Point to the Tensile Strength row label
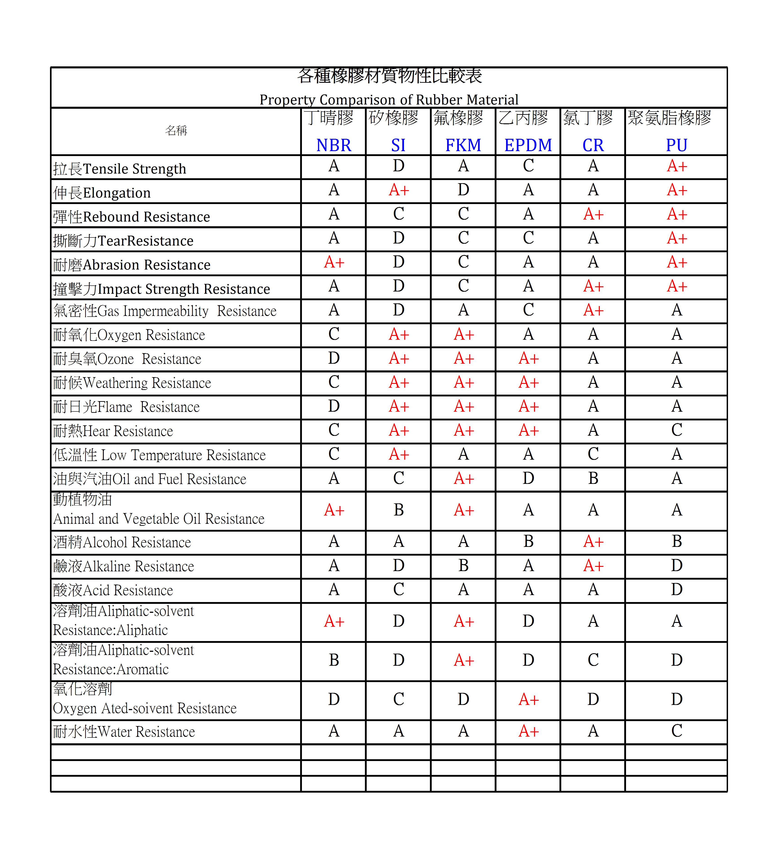coord(120,169)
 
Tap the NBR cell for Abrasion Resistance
coord(334,262)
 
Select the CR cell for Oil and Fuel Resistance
coord(593,478)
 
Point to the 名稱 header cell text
coord(176,130)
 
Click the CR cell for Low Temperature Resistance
coord(593,454)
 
